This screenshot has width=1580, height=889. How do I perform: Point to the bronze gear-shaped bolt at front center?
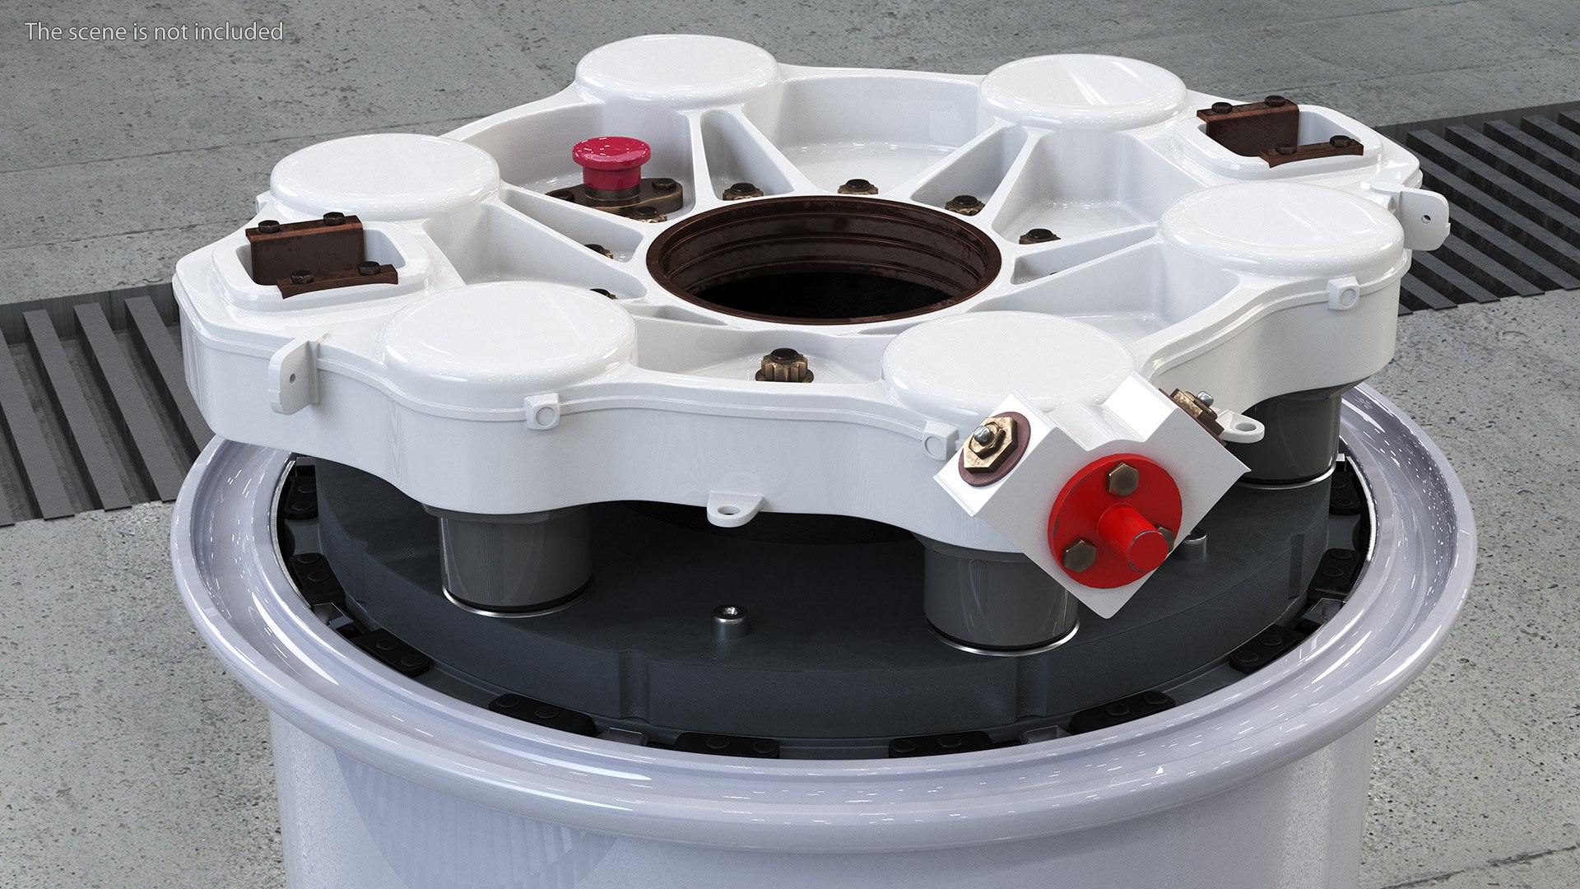point(783,363)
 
